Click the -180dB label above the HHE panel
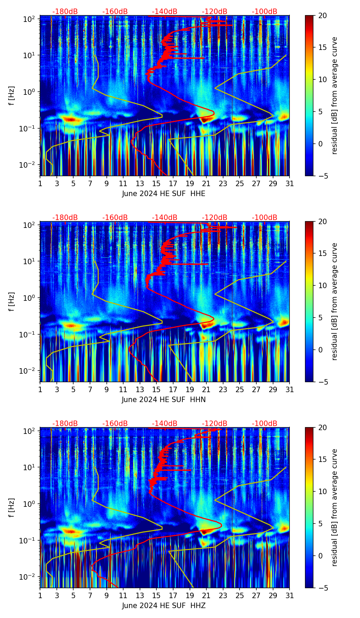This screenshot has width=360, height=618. coord(65,12)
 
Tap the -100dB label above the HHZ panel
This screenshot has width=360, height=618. coord(265,424)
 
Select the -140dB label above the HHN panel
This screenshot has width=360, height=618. coord(165,218)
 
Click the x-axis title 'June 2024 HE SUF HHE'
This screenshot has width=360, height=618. coord(164,194)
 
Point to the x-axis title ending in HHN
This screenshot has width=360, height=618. coord(164,400)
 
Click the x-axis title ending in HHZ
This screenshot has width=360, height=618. coord(164,606)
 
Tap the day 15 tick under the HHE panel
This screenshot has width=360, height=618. coord(156,183)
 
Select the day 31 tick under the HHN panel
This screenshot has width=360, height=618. coord(290,389)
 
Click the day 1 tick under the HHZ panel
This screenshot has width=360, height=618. coord(40,595)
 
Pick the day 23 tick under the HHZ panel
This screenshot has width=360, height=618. coord(223,595)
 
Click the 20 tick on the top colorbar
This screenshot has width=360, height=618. coord(322,15)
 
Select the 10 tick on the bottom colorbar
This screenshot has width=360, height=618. coord(322,491)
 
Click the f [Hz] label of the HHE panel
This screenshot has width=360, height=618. coord(12,96)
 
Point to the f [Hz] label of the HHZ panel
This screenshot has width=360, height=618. coord(12,508)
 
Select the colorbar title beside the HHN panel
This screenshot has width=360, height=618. coord(334,301)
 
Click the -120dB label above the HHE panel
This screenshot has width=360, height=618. coord(215,12)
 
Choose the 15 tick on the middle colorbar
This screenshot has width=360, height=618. coord(322,253)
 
